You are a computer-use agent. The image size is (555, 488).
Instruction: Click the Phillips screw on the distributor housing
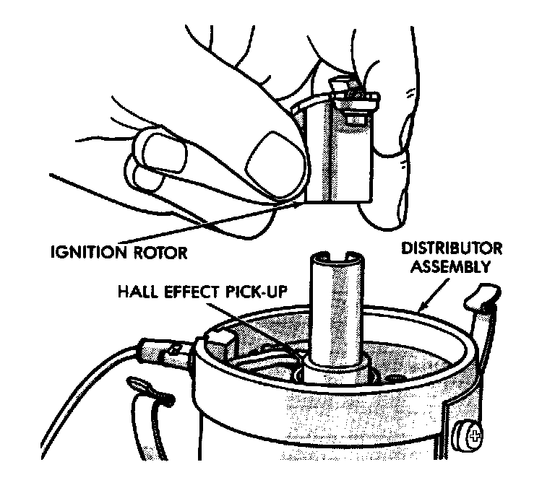coord(474,436)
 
